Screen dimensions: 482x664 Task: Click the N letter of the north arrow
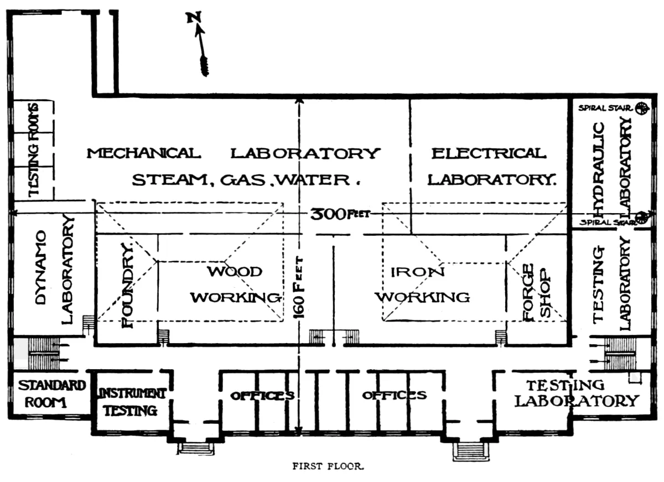click(x=194, y=18)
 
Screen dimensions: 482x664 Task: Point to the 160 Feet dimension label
click(x=299, y=288)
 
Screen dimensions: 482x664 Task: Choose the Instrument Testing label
click(x=132, y=402)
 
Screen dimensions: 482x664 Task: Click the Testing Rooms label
click(x=34, y=149)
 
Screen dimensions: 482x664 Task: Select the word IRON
click(x=410, y=272)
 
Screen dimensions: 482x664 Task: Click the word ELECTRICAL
click(x=489, y=153)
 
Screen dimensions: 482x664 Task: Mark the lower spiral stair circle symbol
click(x=641, y=217)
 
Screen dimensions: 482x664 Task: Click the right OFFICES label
click(x=395, y=395)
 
